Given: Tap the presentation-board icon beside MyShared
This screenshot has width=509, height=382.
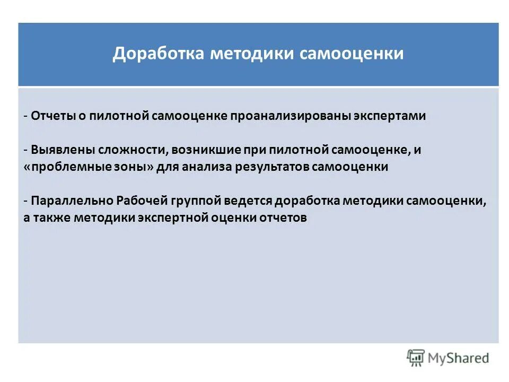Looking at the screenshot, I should tap(416, 358).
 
